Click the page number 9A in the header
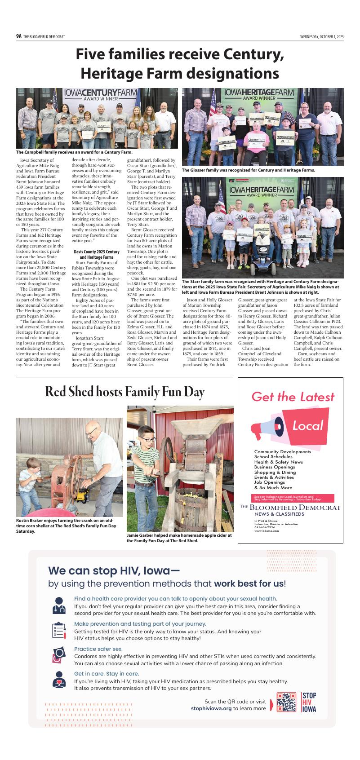pyautogui.click(x=19, y=36)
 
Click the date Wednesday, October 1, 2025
pyautogui.click(x=322, y=36)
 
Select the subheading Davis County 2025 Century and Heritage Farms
pyautogui.click(x=97, y=255)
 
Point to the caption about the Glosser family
pyautogui.click(x=248, y=170)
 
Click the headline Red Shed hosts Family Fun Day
pyautogui.click(x=124, y=392)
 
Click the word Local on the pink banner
pyautogui.click(x=307, y=425)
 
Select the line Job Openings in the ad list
pyautogui.click(x=269, y=482)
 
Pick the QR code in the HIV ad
pyautogui.click(x=286, y=703)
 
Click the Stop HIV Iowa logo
pyautogui.click(x=309, y=702)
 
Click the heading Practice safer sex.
pyautogui.click(x=98, y=649)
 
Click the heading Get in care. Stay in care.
pyautogui.click(x=107, y=674)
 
